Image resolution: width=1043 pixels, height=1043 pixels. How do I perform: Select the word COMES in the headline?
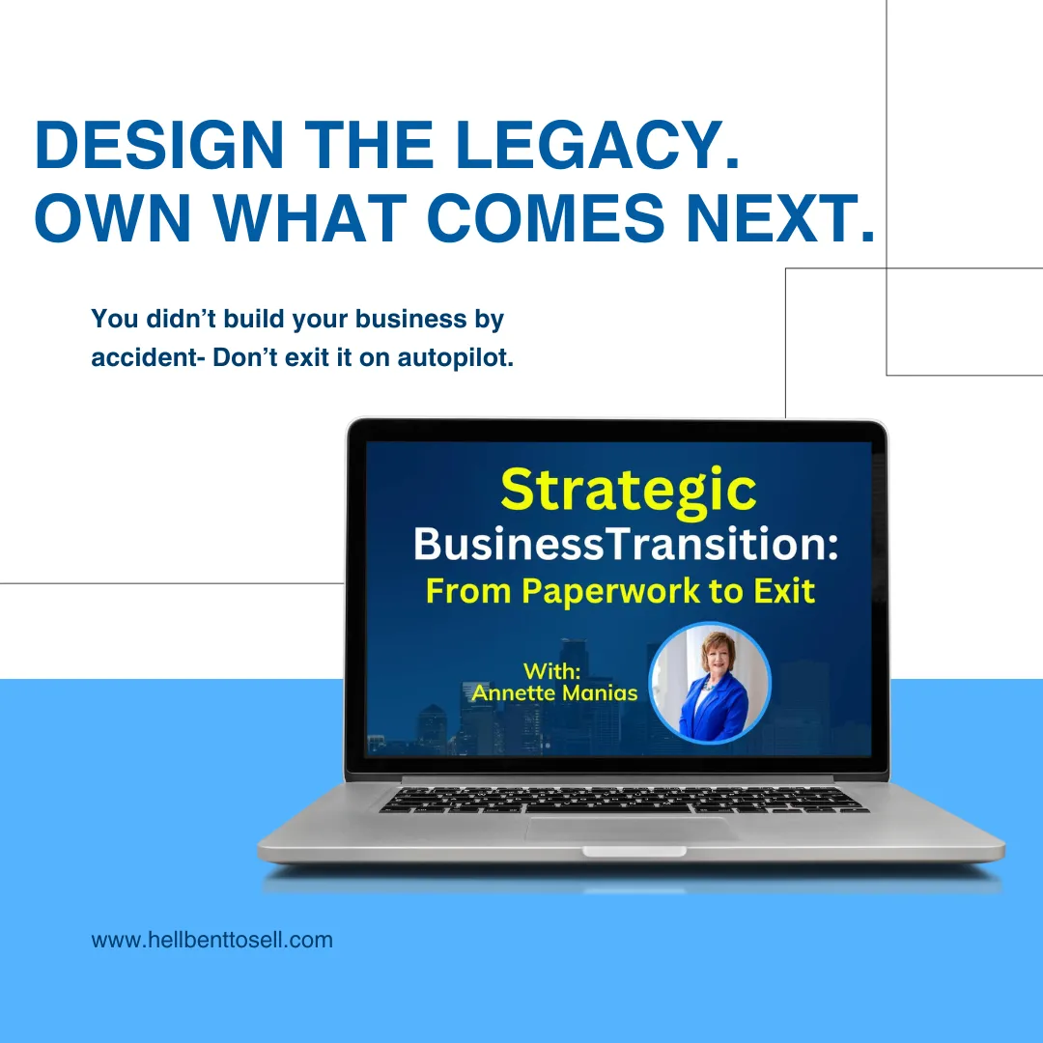[x=546, y=217]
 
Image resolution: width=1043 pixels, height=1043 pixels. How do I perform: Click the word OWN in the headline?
[x=113, y=217]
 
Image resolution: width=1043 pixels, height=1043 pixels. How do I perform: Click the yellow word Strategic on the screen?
[x=629, y=492]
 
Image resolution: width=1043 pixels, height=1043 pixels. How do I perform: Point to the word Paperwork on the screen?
[x=610, y=591]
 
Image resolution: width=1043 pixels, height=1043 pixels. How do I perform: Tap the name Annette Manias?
[x=554, y=693]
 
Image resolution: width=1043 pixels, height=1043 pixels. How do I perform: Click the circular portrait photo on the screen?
[x=710, y=683]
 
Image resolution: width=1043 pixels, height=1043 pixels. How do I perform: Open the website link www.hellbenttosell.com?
[x=212, y=940]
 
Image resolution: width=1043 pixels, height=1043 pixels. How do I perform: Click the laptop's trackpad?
[x=632, y=830]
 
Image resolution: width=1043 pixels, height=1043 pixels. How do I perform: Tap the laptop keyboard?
[x=624, y=801]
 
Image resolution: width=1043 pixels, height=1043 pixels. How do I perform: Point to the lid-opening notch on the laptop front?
[x=634, y=852]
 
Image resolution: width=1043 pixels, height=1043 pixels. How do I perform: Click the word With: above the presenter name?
[x=552, y=670]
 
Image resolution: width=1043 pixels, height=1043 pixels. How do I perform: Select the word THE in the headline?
[x=369, y=145]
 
